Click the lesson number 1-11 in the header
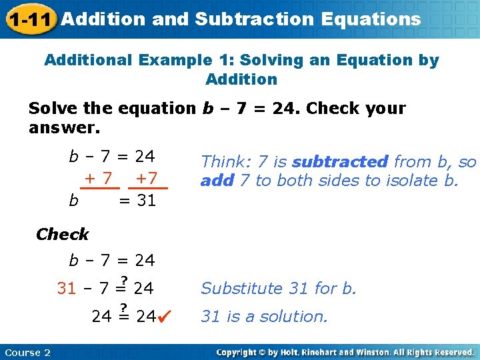29,20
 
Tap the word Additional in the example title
89,60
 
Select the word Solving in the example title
268,60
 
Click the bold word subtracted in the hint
340,161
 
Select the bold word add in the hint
217,181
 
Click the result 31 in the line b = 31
146,200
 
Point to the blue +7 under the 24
146,179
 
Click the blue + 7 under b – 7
97,179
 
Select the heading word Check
62,234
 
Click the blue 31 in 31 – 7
67,289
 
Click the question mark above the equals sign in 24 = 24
123,307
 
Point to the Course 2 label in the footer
27,352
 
